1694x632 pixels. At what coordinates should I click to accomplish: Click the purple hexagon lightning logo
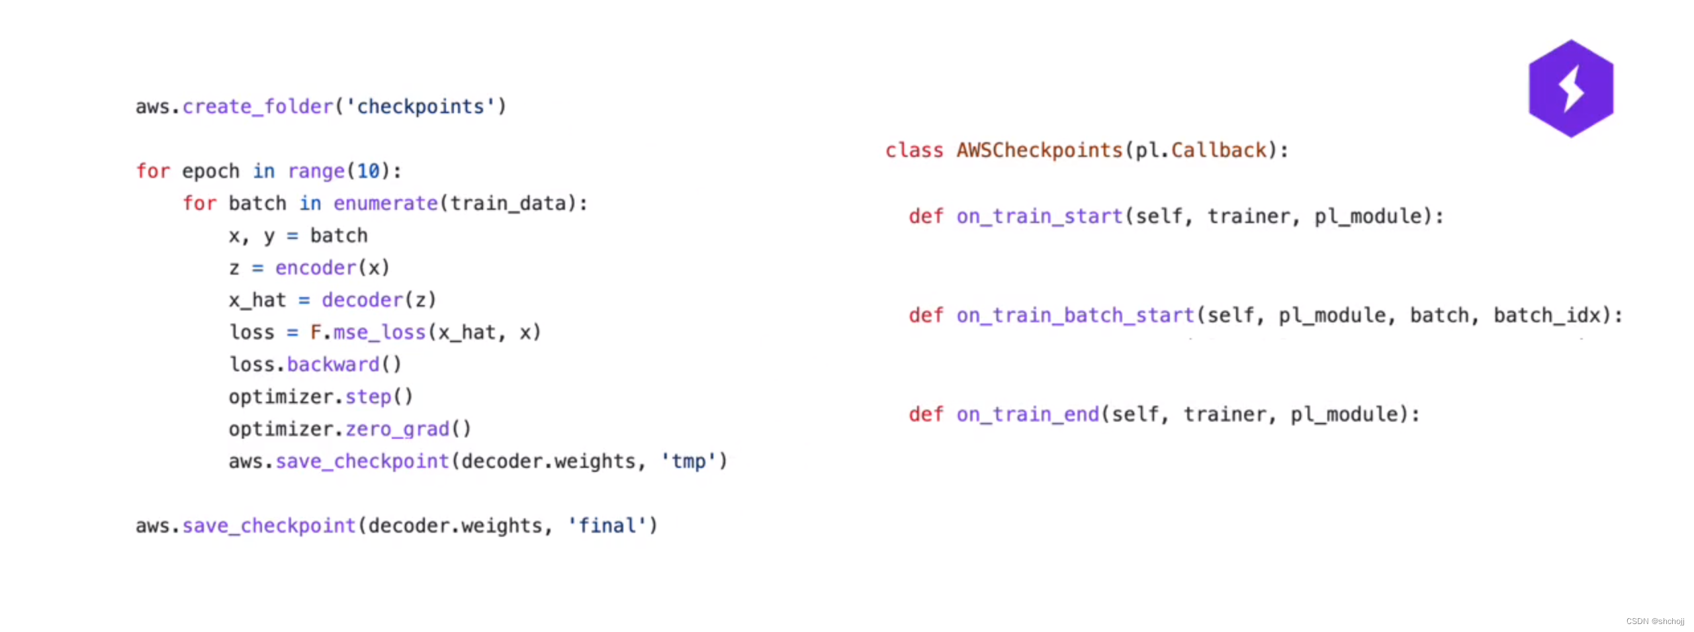click(1570, 89)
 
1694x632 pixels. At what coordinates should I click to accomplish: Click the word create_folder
click(257, 107)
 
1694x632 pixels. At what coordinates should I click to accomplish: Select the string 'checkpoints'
click(420, 107)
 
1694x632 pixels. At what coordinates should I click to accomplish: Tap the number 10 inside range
click(369, 171)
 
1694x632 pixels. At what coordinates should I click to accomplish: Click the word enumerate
click(385, 203)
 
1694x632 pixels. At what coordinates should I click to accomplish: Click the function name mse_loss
click(379, 332)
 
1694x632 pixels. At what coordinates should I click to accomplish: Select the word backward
click(333, 365)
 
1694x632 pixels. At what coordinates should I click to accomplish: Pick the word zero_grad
click(397, 429)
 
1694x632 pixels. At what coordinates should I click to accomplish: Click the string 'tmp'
click(688, 461)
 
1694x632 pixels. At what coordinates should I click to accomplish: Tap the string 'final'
click(606, 526)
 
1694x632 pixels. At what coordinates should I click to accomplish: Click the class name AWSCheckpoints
click(1040, 150)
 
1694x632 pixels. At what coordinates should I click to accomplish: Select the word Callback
click(1218, 150)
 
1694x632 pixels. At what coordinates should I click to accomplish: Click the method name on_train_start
click(1039, 216)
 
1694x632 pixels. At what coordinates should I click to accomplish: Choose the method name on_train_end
click(1027, 415)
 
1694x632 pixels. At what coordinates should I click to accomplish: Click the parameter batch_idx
click(1547, 316)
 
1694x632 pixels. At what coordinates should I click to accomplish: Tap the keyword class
click(914, 150)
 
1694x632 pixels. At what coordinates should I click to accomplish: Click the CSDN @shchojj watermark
click(1654, 621)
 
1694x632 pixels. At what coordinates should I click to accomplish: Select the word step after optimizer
click(368, 397)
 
